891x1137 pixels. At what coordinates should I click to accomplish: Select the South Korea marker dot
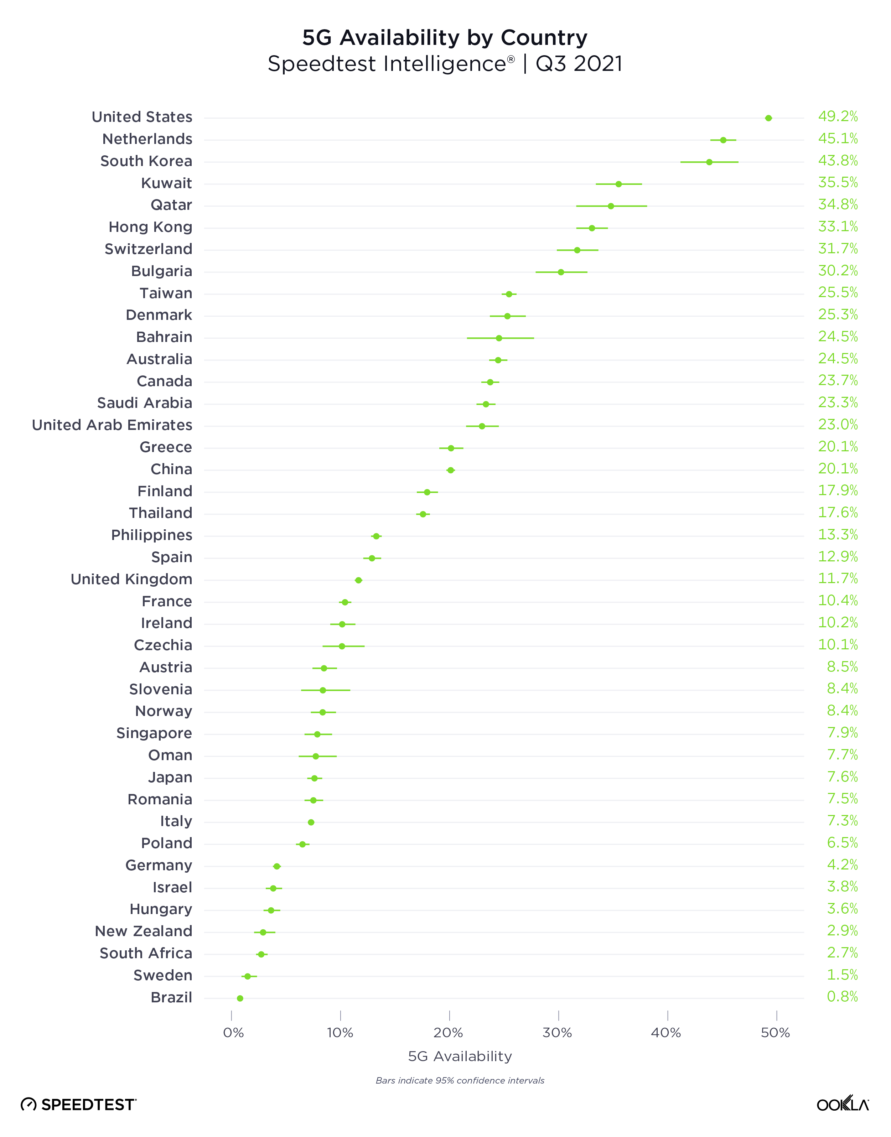(x=709, y=162)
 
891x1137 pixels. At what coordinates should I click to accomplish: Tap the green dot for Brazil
(x=240, y=998)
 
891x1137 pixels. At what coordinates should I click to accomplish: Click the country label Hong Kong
(x=150, y=227)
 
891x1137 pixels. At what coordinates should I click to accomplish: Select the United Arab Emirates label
(x=112, y=425)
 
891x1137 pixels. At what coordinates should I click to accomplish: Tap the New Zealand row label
(x=144, y=931)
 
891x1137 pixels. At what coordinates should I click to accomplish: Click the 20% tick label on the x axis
(x=449, y=1033)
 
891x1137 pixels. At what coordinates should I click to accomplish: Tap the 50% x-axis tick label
(x=776, y=1033)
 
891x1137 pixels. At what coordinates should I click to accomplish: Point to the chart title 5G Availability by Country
(x=445, y=37)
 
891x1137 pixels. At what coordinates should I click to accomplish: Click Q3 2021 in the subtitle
(x=579, y=64)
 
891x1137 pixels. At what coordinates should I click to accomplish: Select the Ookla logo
(x=842, y=1104)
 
